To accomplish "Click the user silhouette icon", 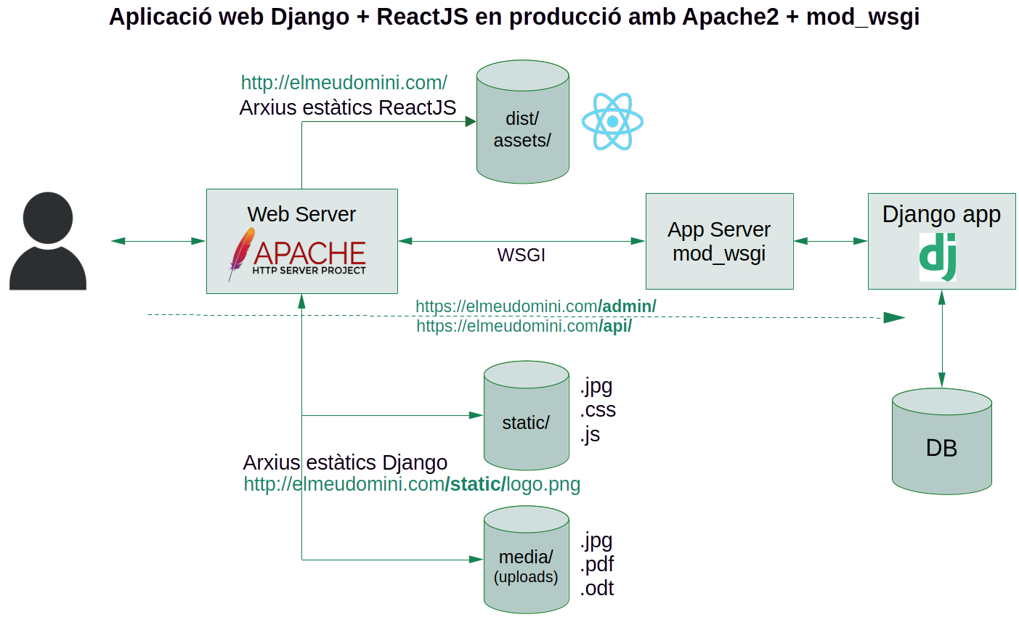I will coord(48,242).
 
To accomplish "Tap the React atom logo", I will coord(612,122).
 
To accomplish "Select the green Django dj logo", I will coord(938,257).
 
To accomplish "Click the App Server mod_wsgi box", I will coord(719,242).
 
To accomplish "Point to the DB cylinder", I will coord(941,442).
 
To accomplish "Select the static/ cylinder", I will coord(526,417).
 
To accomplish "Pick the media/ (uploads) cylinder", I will coord(526,560).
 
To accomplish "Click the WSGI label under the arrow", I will coord(521,256).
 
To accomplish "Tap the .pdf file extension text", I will coord(597,565).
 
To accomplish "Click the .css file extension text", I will coord(598,410).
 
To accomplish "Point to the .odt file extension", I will coord(597,589).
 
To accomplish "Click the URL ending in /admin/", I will coord(535,306).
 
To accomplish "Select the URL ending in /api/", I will coord(524,327).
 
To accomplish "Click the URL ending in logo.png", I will coord(412,484).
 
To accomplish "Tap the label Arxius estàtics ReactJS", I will coord(347,108).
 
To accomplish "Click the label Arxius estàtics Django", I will coord(345,462).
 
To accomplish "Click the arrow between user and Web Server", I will coord(158,241).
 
